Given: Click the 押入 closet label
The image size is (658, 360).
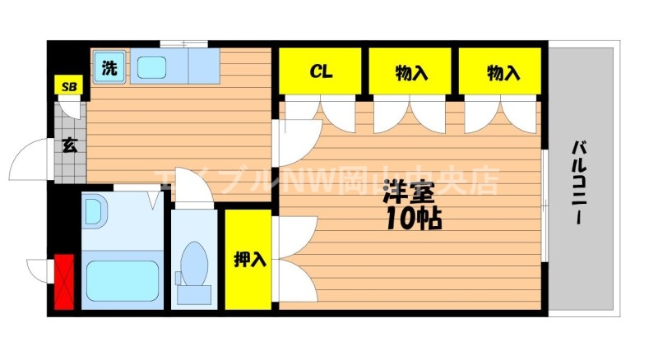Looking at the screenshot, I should tap(249, 260).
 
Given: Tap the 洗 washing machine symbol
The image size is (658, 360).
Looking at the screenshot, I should tap(109, 68).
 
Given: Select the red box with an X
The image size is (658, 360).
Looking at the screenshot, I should tap(64, 282).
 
